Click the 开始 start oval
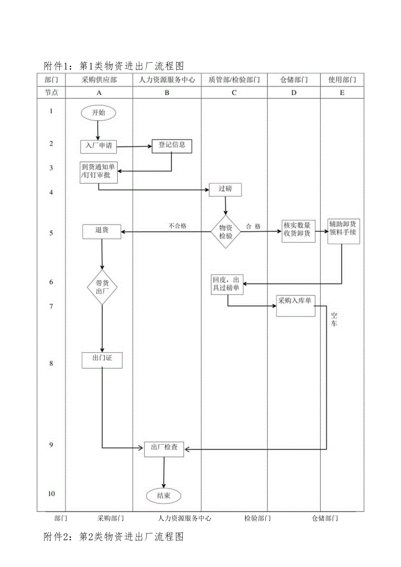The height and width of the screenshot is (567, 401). (x=98, y=113)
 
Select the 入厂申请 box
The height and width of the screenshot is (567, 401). (x=99, y=146)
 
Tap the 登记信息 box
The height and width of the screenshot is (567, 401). (x=171, y=146)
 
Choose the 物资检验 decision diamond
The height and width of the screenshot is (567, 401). (x=226, y=232)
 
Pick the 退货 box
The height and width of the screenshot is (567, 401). (x=102, y=231)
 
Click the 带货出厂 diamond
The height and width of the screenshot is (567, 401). (x=102, y=287)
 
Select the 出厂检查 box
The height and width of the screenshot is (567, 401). (x=164, y=449)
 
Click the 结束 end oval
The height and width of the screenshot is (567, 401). (x=163, y=495)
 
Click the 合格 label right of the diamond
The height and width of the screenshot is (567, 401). (x=254, y=227)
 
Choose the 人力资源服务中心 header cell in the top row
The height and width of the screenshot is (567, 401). (x=167, y=80)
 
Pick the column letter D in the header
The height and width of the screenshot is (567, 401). (x=294, y=92)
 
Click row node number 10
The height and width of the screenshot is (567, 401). (x=51, y=494)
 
